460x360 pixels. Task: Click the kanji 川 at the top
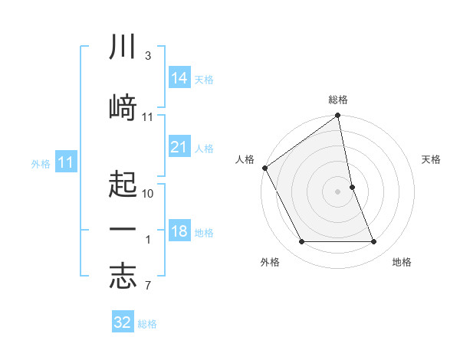[123, 47]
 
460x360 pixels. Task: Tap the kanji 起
[123, 184]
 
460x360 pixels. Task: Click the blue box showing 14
[179, 77]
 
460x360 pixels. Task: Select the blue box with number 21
[179, 146]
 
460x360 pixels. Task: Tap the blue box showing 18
[179, 231]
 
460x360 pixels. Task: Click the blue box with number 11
[65, 162]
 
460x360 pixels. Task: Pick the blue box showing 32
[123, 322]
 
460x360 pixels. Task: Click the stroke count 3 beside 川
[147, 56]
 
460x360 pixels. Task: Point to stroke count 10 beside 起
[148, 193]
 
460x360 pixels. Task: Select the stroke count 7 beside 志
[147, 287]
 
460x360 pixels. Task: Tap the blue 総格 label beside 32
[147, 324]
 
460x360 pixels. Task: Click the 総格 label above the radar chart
[338, 100]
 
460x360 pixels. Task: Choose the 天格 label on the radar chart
[432, 159]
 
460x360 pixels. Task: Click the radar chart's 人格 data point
[264, 168]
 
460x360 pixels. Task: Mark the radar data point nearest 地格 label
[374, 242]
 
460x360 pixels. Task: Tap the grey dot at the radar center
[338, 191]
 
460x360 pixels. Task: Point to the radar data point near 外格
[301, 242]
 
